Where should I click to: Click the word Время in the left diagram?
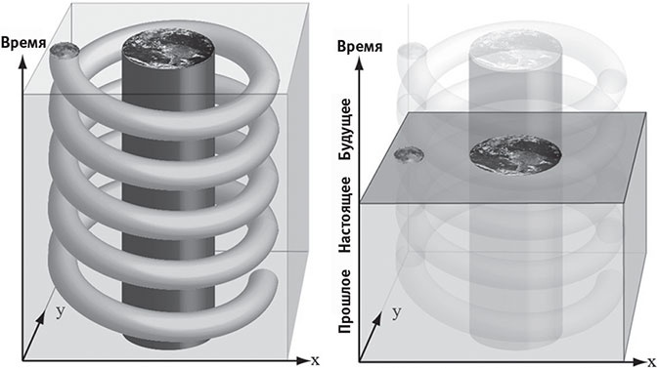(x=23, y=43)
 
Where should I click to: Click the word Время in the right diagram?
(x=360, y=46)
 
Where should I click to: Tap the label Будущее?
(x=345, y=129)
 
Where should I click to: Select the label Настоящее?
(x=345, y=215)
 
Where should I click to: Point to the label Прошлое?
(x=345, y=302)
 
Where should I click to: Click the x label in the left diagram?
(x=315, y=360)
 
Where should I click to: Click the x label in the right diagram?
(x=652, y=361)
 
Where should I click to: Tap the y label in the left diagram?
(x=61, y=311)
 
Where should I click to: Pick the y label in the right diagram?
(x=396, y=312)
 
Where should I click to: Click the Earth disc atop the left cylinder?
(x=168, y=50)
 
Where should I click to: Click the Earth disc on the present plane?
(x=515, y=154)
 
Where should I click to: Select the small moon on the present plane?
(x=409, y=155)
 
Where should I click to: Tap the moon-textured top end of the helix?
(x=65, y=51)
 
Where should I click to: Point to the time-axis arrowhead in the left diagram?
(x=22, y=61)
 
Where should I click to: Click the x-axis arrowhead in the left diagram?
(x=302, y=360)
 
